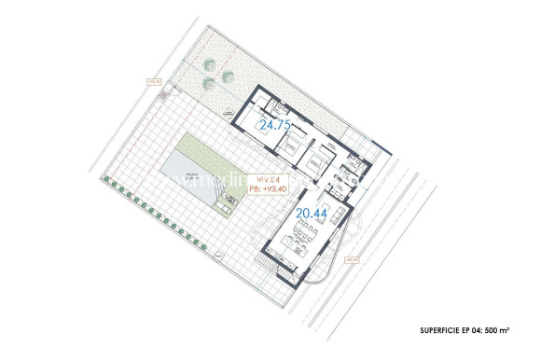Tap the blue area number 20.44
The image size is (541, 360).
312,214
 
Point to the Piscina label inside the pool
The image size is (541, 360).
191,175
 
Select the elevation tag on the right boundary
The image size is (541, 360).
352,260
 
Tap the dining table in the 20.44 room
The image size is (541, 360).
293,242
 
